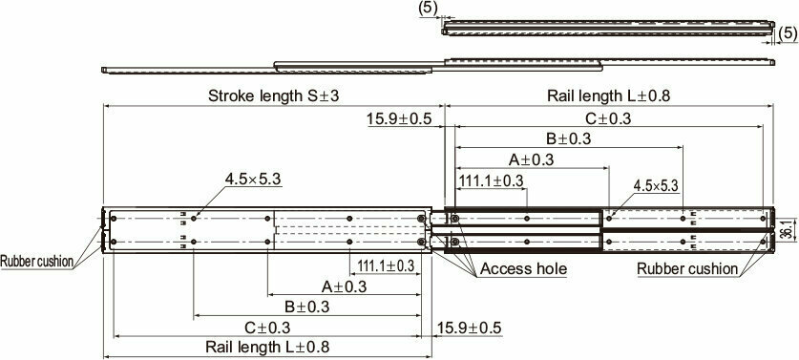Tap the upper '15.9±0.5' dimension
(x=399, y=118)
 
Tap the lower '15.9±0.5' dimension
(x=471, y=328)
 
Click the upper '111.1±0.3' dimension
(x=492, y=180)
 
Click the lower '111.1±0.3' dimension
(x=387, y=265)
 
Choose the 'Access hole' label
(x=523, y=269)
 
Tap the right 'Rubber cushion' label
(x=687, y=269)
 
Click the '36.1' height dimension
(x=785, y=231)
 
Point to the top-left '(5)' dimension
(x=429, y=8)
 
